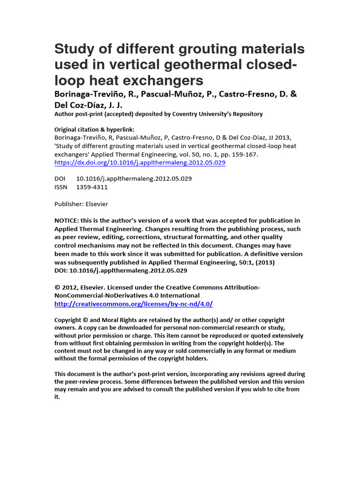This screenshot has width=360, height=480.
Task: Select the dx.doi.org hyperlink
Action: [140, 163]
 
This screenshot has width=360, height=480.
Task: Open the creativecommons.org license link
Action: [134, 304]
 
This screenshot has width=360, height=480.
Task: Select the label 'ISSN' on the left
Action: [61, 187]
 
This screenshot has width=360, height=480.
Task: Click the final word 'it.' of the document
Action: [57, 397]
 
